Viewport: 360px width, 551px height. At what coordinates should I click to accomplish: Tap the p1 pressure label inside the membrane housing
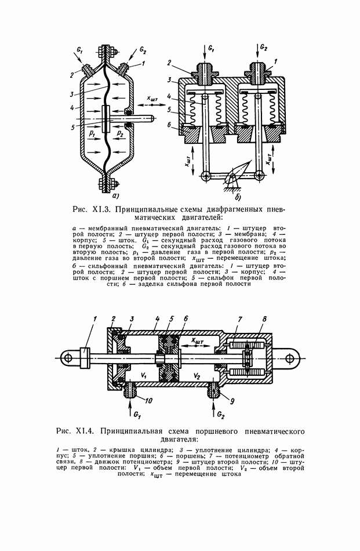[x=92, y=134]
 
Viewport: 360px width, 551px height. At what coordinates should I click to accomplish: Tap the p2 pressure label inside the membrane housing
[x=121, y=134]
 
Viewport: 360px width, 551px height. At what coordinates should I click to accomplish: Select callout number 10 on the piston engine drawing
[x=148, y=400]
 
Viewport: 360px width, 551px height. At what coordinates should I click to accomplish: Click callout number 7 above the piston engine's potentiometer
[x=240, y=319]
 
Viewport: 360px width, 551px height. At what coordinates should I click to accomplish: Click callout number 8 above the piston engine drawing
[x=264, y=319]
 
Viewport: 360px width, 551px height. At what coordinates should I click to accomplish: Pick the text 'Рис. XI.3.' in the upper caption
[x=91, y=210]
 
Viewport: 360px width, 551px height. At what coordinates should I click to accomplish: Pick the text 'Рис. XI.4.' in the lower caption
[x=74, y=431]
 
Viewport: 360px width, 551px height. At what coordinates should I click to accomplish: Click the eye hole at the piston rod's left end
[x=68, y=358]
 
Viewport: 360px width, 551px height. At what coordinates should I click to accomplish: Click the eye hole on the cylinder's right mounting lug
[x=290, y=358]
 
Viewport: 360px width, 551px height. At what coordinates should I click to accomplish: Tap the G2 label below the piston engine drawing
[x=220, y=415]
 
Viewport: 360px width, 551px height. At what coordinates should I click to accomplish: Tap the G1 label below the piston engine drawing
[x=137, y=415]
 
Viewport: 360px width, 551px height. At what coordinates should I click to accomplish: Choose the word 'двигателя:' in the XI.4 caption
[x=179, y=439]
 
